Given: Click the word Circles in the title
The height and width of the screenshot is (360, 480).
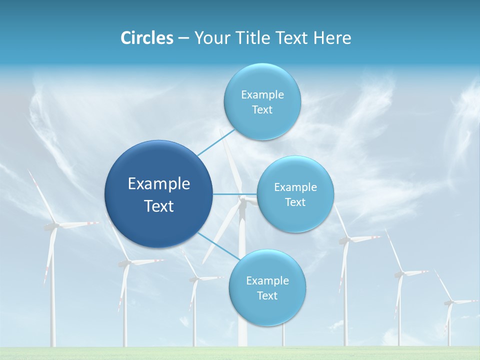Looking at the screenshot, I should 146,38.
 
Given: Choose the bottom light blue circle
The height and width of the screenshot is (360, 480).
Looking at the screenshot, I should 267,310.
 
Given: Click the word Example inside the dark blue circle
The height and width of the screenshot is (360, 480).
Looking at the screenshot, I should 158,184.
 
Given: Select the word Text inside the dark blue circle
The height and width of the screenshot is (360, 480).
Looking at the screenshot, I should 158,206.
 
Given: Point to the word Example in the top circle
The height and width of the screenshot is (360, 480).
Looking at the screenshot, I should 262,94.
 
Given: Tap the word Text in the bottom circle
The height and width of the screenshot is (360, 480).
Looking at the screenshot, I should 267,295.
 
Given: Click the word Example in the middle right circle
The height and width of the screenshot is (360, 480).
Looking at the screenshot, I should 295,187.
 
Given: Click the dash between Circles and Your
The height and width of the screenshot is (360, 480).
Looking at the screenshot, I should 183,38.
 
